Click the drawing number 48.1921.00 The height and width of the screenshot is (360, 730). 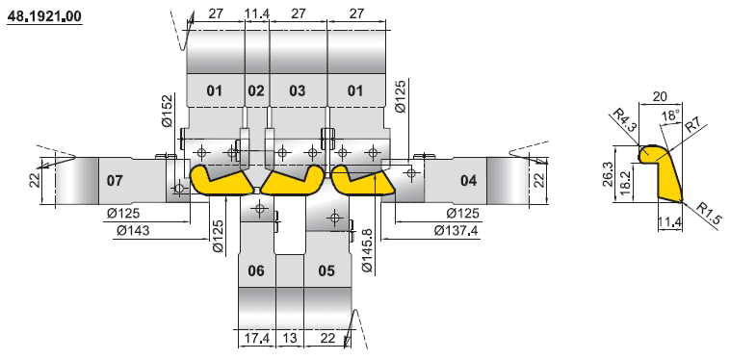[44, 16]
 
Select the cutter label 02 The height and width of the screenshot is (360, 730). [255, 90]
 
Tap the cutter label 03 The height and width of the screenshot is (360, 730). [298, 90]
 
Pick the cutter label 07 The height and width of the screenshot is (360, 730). [115, 180]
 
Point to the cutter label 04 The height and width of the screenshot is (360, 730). [468, 180]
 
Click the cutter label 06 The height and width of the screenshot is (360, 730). [256, 270]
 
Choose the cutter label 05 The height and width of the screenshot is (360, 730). [326, 270]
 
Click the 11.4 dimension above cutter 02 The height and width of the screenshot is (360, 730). [257, 13]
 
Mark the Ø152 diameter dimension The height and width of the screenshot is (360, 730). [168, 111]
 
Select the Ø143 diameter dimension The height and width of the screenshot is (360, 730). [133, 230]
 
